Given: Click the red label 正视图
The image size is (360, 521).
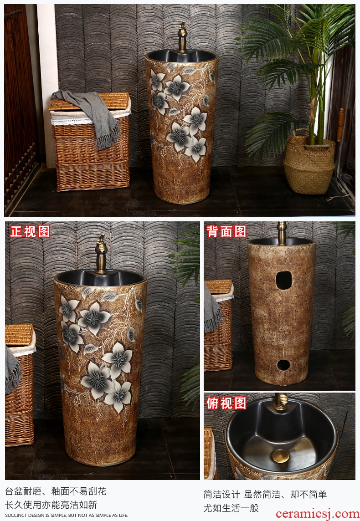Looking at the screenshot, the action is [x=30, y=231].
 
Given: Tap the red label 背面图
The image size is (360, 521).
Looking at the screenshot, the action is [x=226, y=231].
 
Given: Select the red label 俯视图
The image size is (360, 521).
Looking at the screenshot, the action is [x=226, y=403].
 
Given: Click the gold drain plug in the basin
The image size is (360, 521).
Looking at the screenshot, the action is [x=281, y=456].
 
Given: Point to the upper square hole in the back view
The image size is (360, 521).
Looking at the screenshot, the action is [x=284, y=280].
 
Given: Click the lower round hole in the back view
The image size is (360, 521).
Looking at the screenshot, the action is [x=283, y=365].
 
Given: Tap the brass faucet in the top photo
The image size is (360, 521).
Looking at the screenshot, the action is [x=182, y=37].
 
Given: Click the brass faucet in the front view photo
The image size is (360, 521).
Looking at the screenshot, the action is [x=101, y=254].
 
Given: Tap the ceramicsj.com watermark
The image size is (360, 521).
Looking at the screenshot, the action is [x=317, y=513].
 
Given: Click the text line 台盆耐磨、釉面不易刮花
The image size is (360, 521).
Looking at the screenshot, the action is [x=56, y=491].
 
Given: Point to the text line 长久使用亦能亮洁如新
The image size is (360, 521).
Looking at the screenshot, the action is [x=51, y=505].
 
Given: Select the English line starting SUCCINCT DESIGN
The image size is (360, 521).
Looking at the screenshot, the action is [x=67, y=516].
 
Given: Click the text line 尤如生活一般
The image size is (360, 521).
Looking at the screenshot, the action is [x=231, y=508].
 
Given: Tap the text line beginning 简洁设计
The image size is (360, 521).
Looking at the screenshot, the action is [x=265, y=495].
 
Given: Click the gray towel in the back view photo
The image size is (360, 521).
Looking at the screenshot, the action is [x=212, y=310].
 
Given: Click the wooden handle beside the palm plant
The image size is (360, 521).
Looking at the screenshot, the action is [x=340, y=125].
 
